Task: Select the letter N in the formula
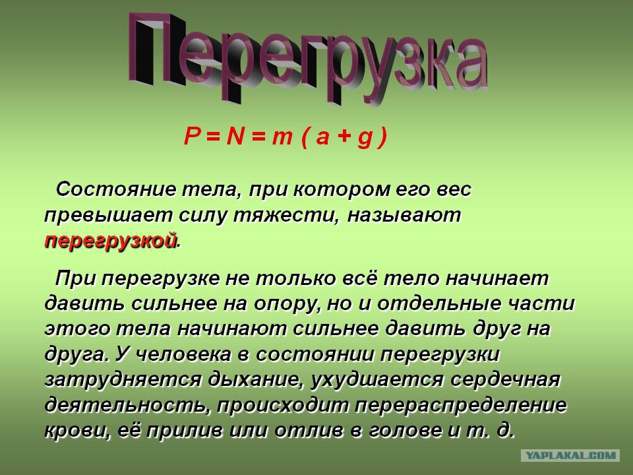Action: coord(235,137)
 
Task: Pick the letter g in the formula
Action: coord(363,139)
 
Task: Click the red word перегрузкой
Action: coord(111,241)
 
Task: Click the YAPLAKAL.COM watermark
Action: coord(571,455)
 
